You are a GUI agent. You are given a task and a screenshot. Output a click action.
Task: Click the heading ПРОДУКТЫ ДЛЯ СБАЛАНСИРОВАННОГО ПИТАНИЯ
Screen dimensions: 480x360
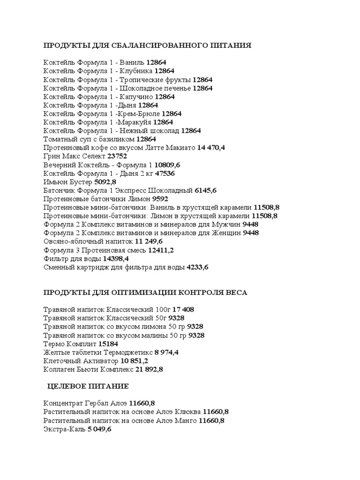point(148,45)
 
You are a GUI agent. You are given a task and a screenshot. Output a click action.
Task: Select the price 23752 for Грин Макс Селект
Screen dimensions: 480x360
point(117,156)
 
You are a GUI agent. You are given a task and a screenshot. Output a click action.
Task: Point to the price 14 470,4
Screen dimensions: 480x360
point(211,148)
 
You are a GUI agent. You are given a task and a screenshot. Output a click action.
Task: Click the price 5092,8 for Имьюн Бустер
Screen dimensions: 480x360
point(105,181)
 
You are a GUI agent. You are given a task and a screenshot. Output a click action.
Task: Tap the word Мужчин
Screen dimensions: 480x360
point(226,224)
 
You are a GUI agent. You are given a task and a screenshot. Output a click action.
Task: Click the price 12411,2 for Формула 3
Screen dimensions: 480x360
point(161,250)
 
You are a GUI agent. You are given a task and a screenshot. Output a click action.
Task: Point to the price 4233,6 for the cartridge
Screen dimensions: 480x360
point(197,267)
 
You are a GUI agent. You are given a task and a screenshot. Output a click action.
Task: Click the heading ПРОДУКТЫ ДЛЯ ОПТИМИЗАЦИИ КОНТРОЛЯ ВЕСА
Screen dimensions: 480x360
point(145,292)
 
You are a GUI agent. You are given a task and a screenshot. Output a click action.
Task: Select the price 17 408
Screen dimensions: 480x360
point(183,309)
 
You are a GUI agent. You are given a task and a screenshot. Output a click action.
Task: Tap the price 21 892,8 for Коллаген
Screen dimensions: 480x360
point(149,369)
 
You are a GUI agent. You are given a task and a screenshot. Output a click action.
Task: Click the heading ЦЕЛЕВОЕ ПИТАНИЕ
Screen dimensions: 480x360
point(88,386)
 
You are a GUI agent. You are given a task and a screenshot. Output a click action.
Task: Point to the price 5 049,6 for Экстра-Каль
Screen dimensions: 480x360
point(99,429)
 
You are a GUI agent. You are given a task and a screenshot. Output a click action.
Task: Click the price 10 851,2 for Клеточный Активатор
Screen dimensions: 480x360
point(134,361)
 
